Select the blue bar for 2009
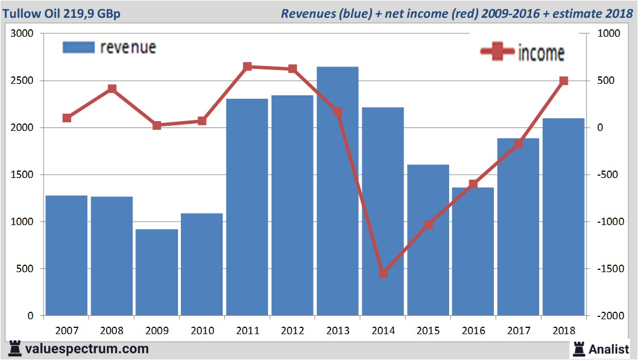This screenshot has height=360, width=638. pos(157,272)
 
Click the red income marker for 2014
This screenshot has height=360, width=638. pos(383,273)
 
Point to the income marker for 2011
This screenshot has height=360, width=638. pos(247,67)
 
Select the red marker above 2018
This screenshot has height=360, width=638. pos(563,81)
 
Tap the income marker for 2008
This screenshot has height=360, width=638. pos(112,88)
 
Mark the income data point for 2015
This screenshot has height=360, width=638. pos(428,225)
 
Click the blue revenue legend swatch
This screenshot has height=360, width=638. pos(78,47)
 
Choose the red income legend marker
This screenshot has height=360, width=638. pos(497,52)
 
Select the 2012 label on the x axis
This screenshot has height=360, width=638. pos(292,331)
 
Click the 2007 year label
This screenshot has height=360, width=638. pos(67,331)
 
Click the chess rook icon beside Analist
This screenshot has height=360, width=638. pos(578,348)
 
